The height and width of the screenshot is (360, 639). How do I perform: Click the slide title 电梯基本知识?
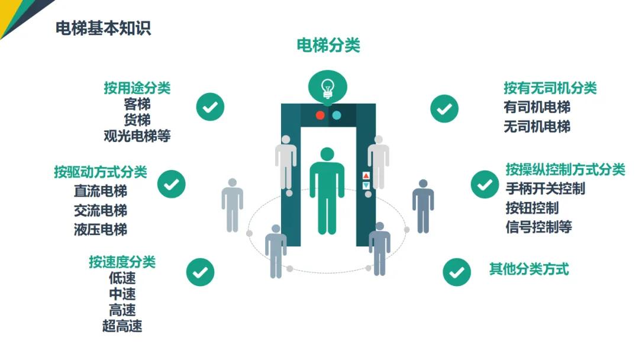coord(104,28)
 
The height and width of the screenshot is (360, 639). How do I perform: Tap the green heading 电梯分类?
coord(328,46)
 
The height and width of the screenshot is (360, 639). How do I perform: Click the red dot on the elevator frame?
coord(320,115)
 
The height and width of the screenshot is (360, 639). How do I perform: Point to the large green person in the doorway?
coord(327,189)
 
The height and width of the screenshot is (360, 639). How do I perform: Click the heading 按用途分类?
coord(137,88)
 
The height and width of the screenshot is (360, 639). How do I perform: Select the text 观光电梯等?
coord(137,136)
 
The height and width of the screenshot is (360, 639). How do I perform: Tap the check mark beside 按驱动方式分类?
coord(172,184)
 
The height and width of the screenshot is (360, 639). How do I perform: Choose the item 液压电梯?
coord(101,229)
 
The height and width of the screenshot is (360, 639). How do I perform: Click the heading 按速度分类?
coord(122,262)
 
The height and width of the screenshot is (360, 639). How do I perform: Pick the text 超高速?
coord(122,326)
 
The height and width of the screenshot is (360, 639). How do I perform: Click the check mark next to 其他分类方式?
coord(457,272)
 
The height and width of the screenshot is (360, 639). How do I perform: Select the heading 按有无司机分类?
coord(550,88)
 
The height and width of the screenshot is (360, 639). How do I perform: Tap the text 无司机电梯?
coord(537,126)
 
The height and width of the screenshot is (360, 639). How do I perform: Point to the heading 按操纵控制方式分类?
coord(565,170)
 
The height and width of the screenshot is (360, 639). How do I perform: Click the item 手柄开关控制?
coord(546,189)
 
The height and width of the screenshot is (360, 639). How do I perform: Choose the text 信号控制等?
coord(538,227)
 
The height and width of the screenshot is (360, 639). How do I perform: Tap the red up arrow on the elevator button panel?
coord(366,176)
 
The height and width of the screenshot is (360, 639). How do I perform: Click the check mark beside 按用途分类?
coord(210,107)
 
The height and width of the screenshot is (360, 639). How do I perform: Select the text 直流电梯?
coord(101,191)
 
